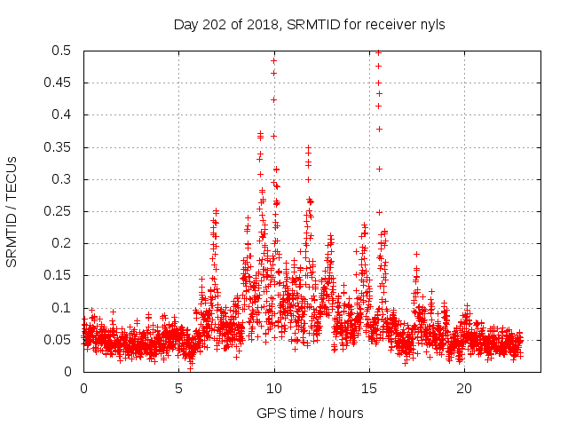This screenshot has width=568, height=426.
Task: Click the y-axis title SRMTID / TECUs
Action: pyautogui.click(x=12, y=211)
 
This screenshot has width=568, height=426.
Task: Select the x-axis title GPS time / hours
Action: pyautogui.click(x=310, y=413)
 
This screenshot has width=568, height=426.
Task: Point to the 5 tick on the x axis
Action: pyautogui.click(x=178, y=388)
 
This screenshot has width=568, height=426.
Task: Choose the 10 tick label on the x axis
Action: pyautogui.click(x=274, y=388)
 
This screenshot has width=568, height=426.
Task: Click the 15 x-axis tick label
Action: pyautogui.click(x=369, y=388)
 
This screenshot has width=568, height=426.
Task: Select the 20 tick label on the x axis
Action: pyautogui.click(x=464, y=388)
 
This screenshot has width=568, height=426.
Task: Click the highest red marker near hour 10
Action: pyautogui.click(x=273, y=60)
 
